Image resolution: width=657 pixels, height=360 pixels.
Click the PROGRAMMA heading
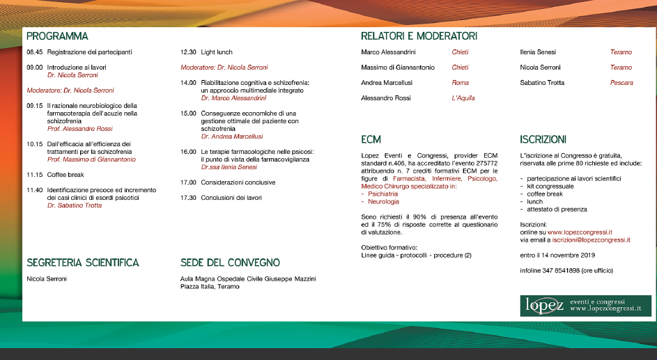click(57, 36)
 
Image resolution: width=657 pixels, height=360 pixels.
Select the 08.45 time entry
click(35, 52)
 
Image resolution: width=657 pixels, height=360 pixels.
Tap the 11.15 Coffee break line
click(55, 174)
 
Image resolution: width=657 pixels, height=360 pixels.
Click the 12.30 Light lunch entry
click(206, 52)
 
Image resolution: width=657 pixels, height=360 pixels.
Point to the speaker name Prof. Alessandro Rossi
click(79, 129)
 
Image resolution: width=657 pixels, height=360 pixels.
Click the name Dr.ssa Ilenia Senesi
click(229, 167)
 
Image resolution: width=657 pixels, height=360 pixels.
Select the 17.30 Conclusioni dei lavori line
click(221, 198)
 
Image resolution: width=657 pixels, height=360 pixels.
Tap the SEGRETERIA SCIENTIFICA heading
click(83, 263)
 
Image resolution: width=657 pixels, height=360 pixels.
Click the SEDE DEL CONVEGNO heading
click(230, 263)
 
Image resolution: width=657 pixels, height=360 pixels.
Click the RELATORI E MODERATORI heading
click(419, 36)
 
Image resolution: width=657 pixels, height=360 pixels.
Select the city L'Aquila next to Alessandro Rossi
click(463, 98)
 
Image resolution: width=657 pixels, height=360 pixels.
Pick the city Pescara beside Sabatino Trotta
click(621, 83)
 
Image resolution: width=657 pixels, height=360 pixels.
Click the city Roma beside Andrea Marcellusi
click(460, 83)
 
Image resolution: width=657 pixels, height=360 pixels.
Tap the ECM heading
click(371, 139)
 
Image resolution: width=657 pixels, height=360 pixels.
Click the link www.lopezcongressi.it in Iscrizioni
click(580, 232)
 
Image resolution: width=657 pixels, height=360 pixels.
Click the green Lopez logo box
click(585, 306)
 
